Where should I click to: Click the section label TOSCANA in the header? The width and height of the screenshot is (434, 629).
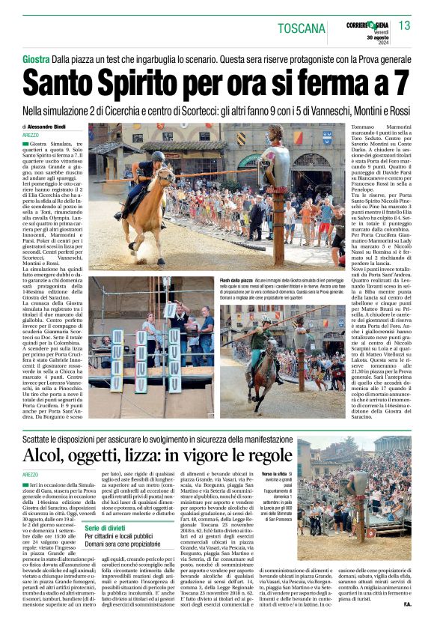click(x=302, y=29)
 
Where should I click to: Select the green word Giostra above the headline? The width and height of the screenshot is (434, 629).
click(x=37, y=58)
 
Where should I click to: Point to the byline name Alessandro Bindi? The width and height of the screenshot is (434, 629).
click(x=52, y=127)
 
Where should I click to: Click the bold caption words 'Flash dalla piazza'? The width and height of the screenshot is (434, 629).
click(x=236, y=279)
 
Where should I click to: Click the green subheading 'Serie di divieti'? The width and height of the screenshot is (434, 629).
click(x=105, y=529)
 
